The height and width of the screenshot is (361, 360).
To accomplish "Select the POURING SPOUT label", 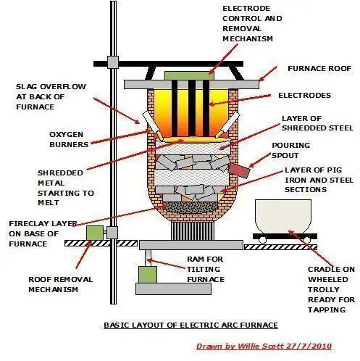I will click(290, 149).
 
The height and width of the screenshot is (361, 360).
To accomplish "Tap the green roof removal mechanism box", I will click(94, 233).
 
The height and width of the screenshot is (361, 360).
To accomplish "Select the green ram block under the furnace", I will click(148, 275).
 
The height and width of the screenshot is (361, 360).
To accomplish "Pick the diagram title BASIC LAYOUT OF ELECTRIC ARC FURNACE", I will click(180, 325).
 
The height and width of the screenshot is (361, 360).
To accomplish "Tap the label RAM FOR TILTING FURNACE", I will click(204, 269).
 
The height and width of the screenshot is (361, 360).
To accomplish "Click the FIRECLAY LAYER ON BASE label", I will click(38, 233).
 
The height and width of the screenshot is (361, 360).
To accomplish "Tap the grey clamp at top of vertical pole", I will click(112, 62).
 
